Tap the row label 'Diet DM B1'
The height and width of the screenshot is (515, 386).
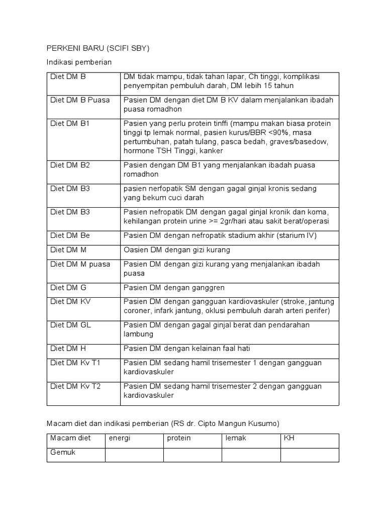70,123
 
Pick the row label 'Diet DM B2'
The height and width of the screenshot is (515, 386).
70,165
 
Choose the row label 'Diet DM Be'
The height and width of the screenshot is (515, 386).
70,235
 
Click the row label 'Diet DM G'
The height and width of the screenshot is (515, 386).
68,288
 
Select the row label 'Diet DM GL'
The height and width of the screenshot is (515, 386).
70,325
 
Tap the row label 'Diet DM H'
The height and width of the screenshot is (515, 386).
68,348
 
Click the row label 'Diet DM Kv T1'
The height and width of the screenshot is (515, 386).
75,363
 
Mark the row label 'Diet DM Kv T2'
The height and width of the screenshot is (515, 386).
75,386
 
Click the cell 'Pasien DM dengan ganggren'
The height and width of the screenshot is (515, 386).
174,288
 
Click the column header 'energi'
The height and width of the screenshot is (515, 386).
120,438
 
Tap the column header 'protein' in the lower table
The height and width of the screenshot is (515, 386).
179,438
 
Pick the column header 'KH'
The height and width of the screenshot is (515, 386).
289,438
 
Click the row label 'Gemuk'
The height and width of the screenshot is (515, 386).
62,453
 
